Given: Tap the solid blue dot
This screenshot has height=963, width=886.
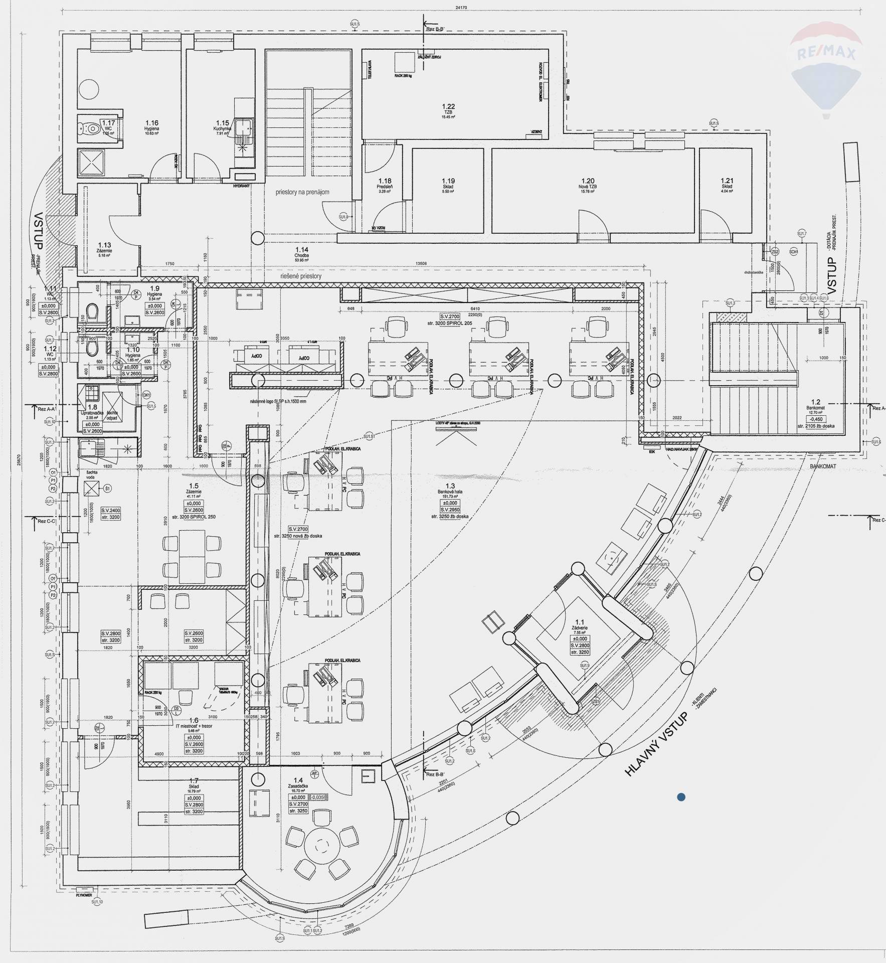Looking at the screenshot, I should (681, 796).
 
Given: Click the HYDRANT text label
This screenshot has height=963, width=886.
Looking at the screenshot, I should (241, 186).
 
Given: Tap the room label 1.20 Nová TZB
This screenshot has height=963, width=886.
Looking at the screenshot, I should (588, 184).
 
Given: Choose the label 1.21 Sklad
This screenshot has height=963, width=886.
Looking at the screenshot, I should (727, 184).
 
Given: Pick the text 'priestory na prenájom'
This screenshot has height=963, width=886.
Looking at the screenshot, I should (302, 192).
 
